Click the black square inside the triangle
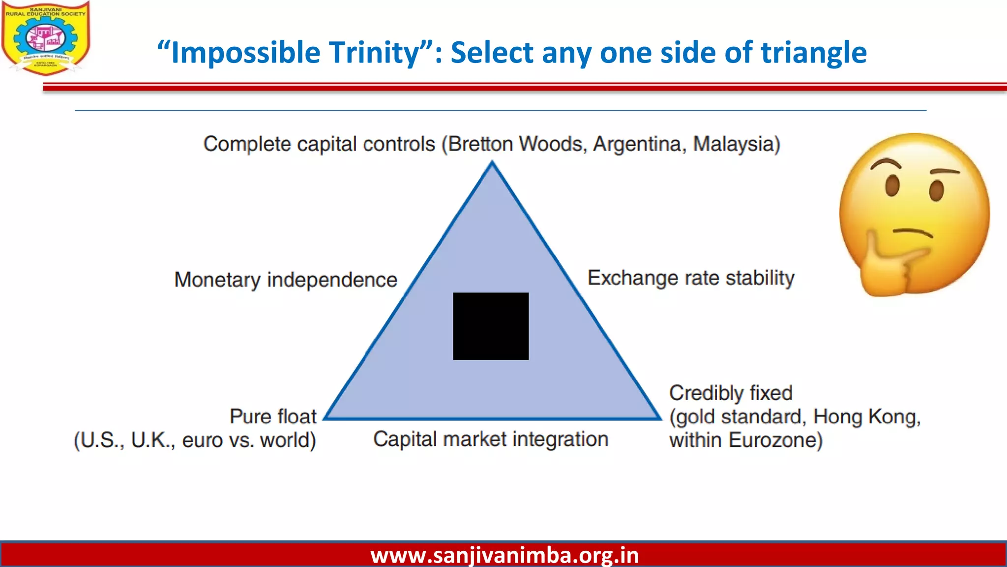pyautogui.click(x=491, y=326)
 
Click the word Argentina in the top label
pyautogui.click(x=638, y=144)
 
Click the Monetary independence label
pyautogui.click(x=285, y=280)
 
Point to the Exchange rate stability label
pyautogui.click(x=691, y=278)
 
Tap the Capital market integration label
pyautogui.click(x=491, y=439)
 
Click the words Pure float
pyautogui.click(x=273, y=416)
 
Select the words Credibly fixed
pyautogui.click(x=731, y=393)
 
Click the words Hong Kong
pyautogui.click(x=865, y=417)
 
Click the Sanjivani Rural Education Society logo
pyautogui.click(x=45, y=38)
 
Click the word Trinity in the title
pyautogui.click(x=374, y=53)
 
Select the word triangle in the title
pyautogui.click(x=814, y=53)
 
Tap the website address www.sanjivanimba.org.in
pyautogui.click(x=504, y=555)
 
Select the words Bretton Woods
pyautogui.click(x=516, y=144)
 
